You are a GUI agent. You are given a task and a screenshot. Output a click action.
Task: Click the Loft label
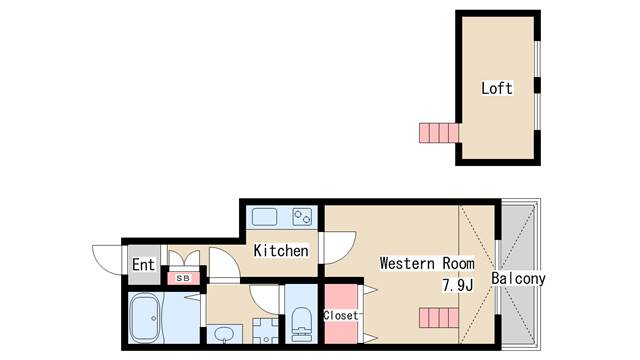496,88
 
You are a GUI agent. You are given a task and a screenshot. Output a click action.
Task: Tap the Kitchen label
281,250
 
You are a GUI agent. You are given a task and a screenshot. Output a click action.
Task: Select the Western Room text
427,263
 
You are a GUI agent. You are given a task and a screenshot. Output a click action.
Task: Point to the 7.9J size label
458,285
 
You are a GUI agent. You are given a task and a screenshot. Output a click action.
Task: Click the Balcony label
518,278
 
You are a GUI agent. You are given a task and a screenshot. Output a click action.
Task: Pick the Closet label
340,315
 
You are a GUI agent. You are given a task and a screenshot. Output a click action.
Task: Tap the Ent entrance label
143,264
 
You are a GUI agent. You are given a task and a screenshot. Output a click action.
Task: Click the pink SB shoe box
183,278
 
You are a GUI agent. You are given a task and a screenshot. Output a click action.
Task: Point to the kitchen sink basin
264,217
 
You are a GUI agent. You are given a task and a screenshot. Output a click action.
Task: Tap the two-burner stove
302,217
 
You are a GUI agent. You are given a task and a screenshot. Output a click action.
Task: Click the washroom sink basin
223,334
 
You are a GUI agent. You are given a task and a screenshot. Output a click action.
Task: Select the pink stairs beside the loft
439,133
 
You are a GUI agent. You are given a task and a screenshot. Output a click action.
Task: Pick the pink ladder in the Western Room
439,318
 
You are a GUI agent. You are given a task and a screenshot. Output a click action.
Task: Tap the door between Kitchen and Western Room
337,248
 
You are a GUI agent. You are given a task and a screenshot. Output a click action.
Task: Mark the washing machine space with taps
265,331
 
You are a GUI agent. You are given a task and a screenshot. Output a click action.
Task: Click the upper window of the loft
538,59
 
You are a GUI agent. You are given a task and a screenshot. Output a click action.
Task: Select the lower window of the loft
538,112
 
